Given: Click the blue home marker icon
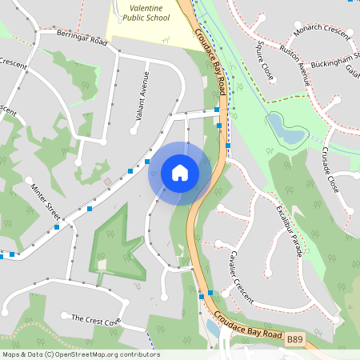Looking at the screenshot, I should point(180,173).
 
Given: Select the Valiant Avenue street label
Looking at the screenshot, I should point(142,96).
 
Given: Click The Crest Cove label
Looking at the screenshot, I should point(95,320).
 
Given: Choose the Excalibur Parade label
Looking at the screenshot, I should point(289,229).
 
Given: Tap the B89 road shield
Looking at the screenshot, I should point(295,340).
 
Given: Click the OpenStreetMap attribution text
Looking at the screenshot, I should point(80,354).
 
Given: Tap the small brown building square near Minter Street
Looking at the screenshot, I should point(107,182).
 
